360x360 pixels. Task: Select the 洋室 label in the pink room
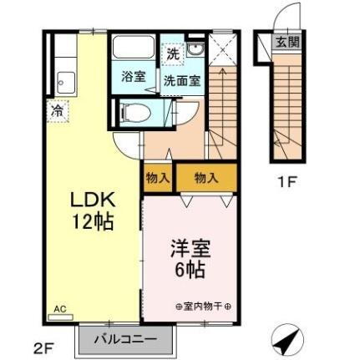coord(188,250)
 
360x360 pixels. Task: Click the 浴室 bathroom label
coord(134,78)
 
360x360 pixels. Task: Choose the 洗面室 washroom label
coord(181,81)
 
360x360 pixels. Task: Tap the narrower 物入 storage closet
coord(158,178)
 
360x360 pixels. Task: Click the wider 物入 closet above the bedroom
coord(205,177)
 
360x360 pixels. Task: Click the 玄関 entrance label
coord(287,42)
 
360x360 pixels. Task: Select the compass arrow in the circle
coord(287,340)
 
